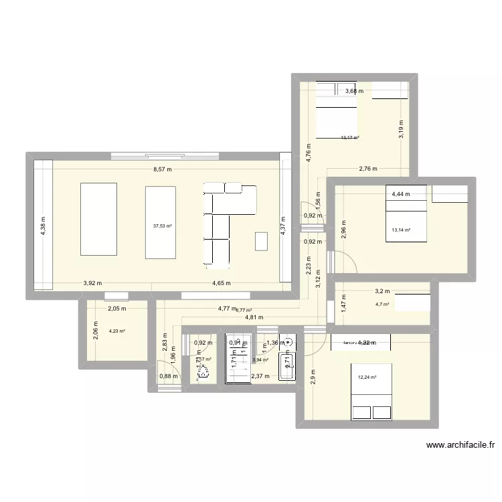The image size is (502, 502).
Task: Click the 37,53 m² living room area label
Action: pyautogui.click(x=162, y=226)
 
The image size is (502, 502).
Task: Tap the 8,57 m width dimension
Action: pyautogui.click(x=162, y=169)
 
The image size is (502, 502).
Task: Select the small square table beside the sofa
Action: pyautogui.click(x=261, y=240)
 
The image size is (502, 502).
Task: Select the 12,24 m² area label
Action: pyautogui.click(x=367, y=377)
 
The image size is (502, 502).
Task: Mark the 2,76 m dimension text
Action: pyautogui.click(x=368, y=169)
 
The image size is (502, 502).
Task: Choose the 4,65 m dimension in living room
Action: pyautogui.click(x=222, y=283)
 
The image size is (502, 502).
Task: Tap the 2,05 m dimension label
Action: pyautogui.click(x=117, y=309)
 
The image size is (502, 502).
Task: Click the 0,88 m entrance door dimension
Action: pyautogui.click(x=168, y=376)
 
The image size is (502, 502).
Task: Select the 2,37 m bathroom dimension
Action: pyautogui.click(x=260, y=376)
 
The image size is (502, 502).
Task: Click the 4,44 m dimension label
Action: pyautogui.click(x=401, y=195)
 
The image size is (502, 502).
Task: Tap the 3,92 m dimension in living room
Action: pyautogui.click(x=92, y=283)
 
